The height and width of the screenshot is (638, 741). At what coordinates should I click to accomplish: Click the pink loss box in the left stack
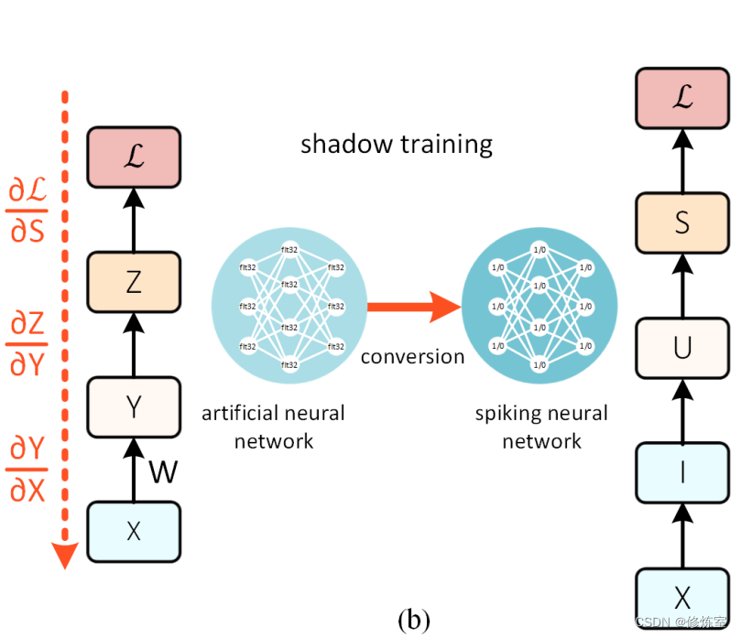(134, 157)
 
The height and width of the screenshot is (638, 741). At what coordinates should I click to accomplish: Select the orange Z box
(134, 283)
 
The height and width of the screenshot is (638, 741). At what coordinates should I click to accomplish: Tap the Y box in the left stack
(134, 406)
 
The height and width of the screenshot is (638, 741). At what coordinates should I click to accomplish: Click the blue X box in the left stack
(134, 531)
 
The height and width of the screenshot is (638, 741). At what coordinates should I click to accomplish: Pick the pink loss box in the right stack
(681, 97)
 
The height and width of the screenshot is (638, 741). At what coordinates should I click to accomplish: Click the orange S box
(681, 222)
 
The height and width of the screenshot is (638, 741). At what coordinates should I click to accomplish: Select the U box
(681, 348)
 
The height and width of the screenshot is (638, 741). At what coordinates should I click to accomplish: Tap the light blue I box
(681, 472)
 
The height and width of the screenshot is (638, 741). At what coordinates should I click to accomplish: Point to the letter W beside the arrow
(162, 472)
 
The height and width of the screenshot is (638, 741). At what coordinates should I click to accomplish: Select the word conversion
(412, 356)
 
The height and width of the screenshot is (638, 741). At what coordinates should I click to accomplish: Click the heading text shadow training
(397, 144)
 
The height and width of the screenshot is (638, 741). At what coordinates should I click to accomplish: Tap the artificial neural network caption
(273, 427)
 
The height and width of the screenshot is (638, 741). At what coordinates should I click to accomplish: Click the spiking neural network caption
(541, 427)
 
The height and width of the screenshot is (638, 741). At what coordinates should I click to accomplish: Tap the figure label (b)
(414, 620)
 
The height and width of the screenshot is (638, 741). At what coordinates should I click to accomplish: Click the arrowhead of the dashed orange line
(62, 555)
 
